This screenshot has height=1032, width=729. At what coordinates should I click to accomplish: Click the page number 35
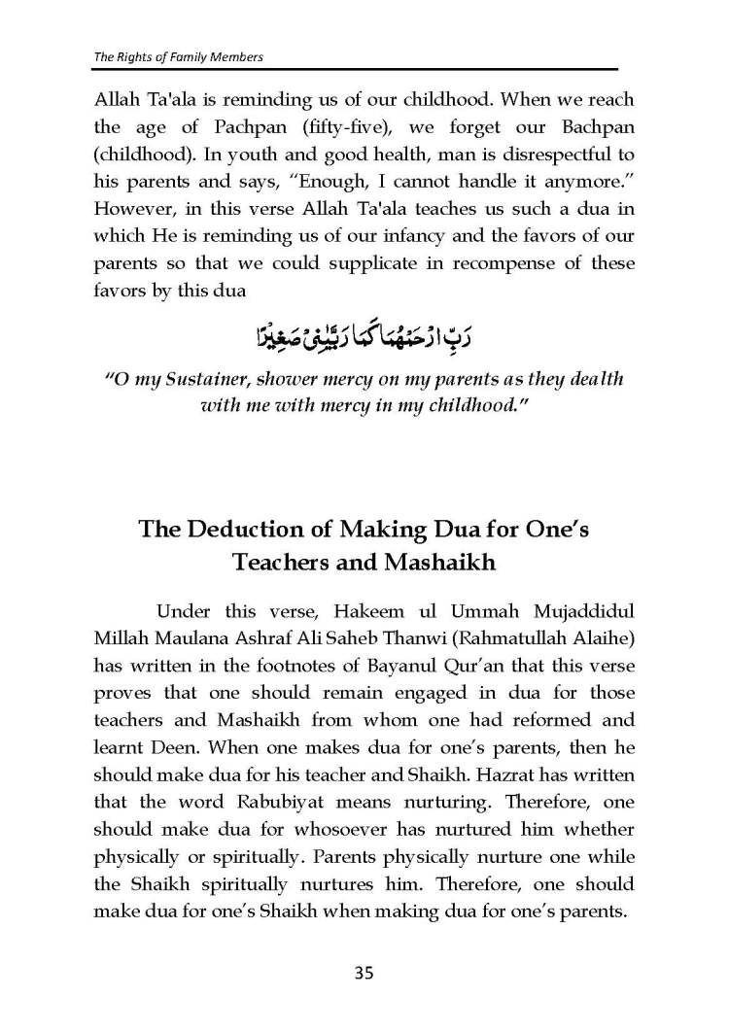click(x=364, y=973)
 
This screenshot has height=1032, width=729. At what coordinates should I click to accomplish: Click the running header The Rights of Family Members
click(x=179, y=56)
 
